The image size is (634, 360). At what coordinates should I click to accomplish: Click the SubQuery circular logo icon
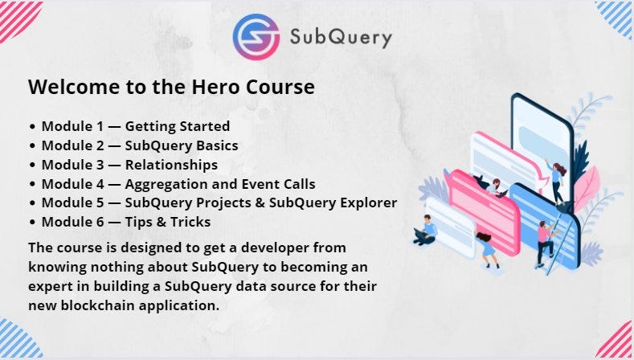click(256, 36)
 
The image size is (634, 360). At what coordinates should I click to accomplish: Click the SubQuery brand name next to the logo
click(340, 37)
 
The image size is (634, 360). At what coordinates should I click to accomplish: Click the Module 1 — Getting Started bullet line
click(129, 126)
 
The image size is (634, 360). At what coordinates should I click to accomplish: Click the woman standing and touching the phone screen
click(556, 181)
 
